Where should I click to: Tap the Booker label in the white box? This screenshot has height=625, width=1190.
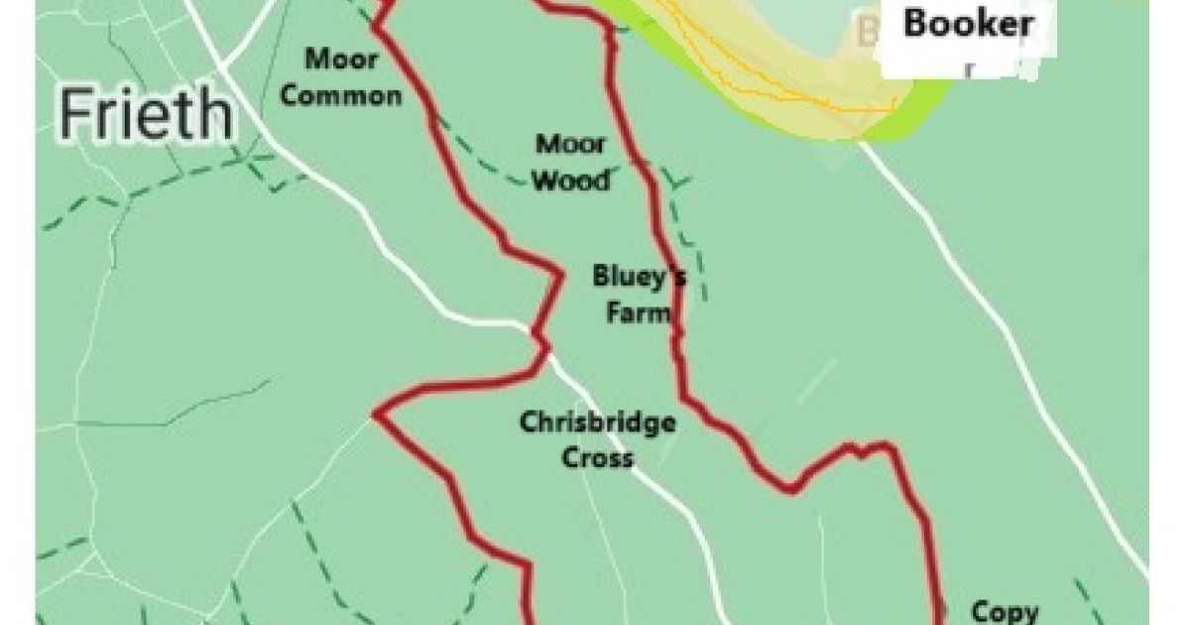[967, 23]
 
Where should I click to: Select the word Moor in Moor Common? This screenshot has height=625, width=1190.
[341, 60]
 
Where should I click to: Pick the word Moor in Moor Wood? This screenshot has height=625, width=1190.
[571, 145]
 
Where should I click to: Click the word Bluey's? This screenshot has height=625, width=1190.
[639, 276]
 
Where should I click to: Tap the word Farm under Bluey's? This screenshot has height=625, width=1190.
[640, 314]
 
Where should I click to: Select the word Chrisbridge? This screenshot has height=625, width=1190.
[598, 424]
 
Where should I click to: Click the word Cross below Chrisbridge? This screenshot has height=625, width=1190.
[597, 458]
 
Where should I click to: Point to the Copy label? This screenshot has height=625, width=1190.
[1005, 611]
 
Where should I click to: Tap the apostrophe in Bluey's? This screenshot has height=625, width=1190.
[675, 269]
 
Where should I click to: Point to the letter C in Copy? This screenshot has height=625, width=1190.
[981, 611]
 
